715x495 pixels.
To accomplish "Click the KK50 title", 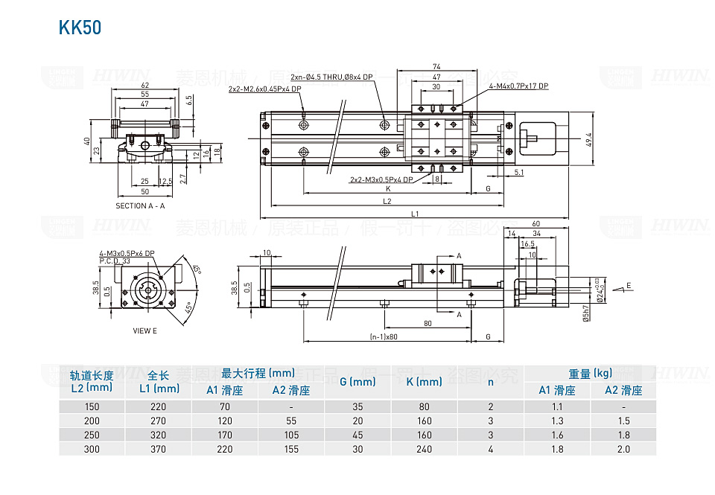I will coord(79,28).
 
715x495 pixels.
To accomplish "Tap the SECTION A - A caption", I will coord(140,206).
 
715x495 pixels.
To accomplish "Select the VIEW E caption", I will coord(144,330).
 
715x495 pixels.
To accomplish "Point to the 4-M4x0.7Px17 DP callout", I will coord(518,86).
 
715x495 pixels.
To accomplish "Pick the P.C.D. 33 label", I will coord(115,261).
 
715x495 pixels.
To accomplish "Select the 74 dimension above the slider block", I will coord(436,67).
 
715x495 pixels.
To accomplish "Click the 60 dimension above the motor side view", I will coord(536,224).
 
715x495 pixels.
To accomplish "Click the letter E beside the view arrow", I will coord(629,286).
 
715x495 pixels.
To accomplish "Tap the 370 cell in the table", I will coord(159,449).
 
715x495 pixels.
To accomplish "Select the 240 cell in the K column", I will coord(425,449).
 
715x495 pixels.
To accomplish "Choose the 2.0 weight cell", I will coord(623,449).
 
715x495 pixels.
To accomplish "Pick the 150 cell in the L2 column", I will coord(92,406).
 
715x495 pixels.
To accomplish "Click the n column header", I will coord(490,382).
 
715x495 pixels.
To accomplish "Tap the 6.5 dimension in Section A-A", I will coord(189,100).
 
